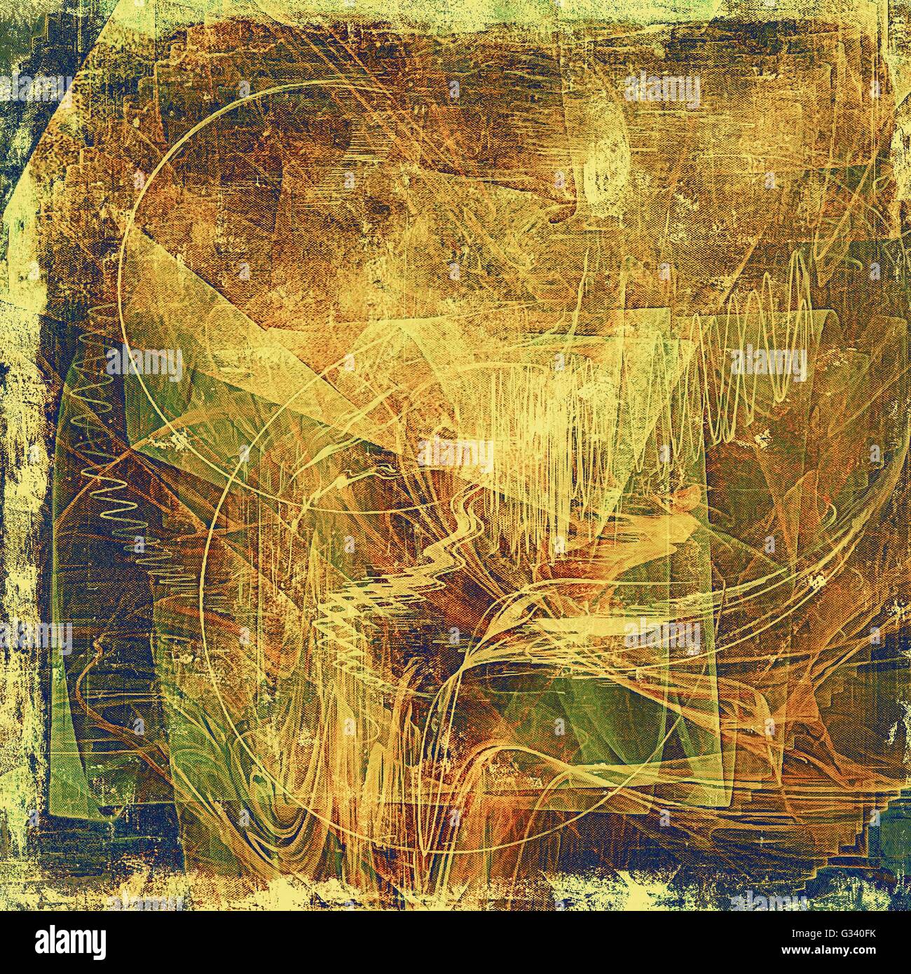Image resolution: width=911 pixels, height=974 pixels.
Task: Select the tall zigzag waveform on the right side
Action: click(x=757, y=329)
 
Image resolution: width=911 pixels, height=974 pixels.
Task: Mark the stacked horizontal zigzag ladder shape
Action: click(x=350, y=617)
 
